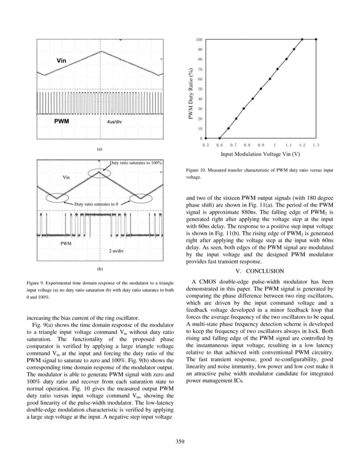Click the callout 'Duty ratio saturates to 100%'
[x=136, y=162]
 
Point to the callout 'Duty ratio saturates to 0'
[x=96, y=203]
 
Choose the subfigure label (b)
[x=99, y=270]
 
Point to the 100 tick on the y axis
[x=199, y=39]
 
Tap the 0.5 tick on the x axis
[x=205, y=145]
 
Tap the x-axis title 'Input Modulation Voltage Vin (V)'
[x=260, y=154]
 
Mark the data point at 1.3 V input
[x=316, y=39]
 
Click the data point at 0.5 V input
[x=205, y=138]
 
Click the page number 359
[x=180, y=441]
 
